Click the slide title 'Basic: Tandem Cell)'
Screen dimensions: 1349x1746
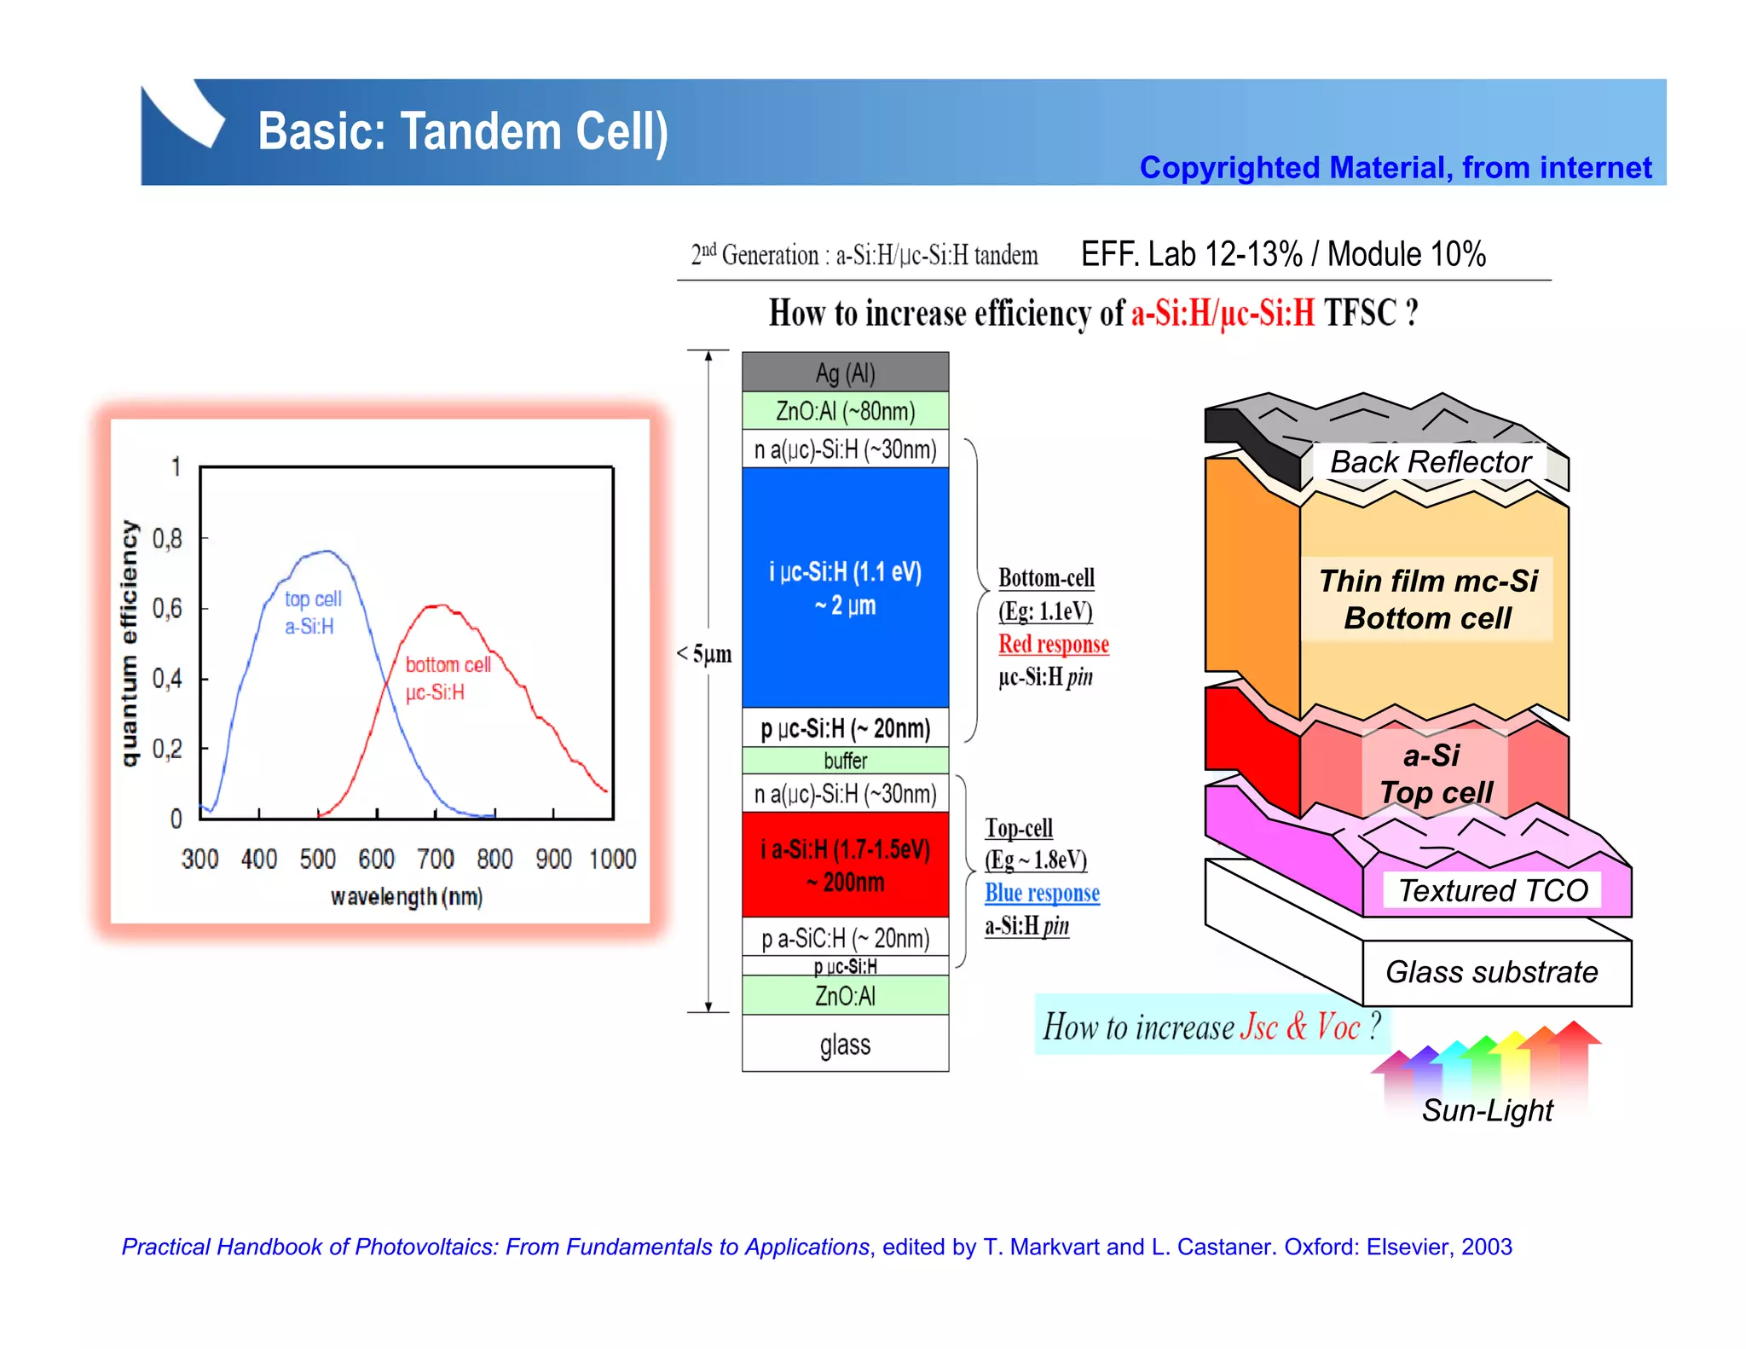click(463, 132)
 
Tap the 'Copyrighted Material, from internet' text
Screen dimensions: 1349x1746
click(1395, 168)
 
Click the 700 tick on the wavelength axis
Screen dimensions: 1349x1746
click(436, 859)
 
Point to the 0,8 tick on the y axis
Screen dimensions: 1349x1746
click(167, 539)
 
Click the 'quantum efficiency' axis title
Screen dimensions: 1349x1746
click(129, 643)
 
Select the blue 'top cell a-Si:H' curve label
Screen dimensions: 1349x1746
click(312, 612)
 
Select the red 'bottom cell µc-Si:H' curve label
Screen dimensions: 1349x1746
click(447, 678)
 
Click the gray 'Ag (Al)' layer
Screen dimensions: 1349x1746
click(845, 373)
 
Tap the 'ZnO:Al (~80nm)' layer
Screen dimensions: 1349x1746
click(845, 411)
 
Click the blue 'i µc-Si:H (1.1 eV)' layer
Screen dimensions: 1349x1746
click(845, 588)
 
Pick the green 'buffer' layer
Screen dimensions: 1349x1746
click(845, 760)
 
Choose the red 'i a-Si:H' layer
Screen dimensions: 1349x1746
click(845, 865)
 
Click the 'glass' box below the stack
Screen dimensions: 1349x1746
click(845, 1044)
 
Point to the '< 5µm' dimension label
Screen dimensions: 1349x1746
click(704, 654)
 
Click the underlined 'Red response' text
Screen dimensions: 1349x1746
click(1053, 644)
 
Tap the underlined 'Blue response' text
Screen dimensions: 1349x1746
click(1042, 893)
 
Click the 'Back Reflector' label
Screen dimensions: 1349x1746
click(1430, 462)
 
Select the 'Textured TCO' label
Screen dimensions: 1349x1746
click(1493, 890)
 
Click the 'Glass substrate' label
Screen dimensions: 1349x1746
click(1491, 972)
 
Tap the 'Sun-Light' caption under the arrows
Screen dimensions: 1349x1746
click(1487, 1110)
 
